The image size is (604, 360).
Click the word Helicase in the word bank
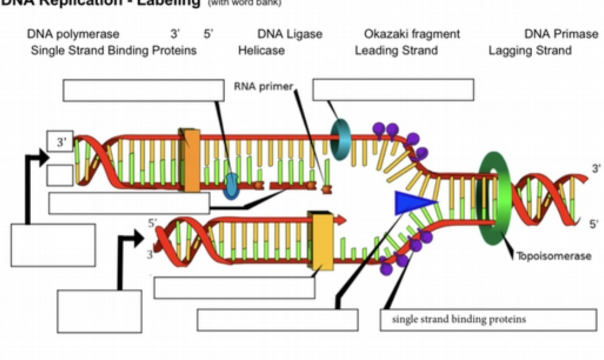[261, 51]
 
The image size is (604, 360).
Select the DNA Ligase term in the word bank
[290, 34]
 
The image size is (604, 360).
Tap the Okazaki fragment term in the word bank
[412, 34]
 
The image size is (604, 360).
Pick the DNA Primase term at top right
[561, 34]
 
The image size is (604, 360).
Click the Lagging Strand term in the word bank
[530, 51]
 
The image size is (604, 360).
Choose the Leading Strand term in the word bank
[396, 51]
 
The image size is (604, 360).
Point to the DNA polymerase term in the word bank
[73, 34]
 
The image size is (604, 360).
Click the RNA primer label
[263, 86]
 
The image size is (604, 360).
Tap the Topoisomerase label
[553, 256]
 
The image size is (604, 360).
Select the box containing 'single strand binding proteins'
[488, 320]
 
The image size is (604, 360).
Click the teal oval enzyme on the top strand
[340, 139]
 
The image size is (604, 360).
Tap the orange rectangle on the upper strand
[190, 160]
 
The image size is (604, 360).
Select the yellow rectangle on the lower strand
[323, 241]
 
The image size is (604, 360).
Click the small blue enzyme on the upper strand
[231, 185]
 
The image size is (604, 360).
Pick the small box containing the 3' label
[60, 141]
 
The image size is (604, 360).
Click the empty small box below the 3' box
[60, 175]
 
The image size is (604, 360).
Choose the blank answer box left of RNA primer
[143, 90]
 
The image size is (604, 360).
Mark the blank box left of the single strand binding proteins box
[278, 320]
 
